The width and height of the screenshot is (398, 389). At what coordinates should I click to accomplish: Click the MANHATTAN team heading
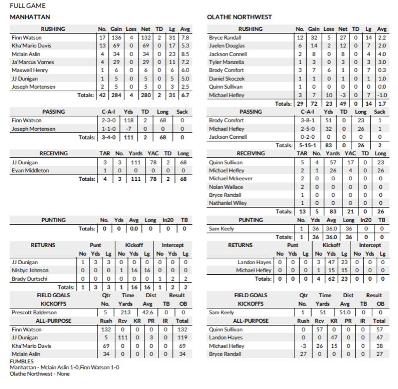30,17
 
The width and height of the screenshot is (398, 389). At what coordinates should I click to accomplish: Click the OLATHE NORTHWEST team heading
239,17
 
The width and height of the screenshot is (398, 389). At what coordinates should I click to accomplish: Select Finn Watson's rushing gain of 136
116,38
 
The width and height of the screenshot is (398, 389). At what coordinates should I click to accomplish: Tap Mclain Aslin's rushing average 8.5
185,54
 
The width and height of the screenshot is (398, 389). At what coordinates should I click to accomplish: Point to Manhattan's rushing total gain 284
116,95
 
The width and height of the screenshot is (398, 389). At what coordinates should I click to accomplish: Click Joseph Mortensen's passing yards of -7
128,129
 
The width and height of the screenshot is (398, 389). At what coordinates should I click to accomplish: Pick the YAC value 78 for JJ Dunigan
153,162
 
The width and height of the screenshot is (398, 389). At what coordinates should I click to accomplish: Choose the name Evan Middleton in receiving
30,171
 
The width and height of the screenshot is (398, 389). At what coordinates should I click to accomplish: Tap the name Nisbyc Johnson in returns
30,270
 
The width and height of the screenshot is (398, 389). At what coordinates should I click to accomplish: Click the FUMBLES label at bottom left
22,361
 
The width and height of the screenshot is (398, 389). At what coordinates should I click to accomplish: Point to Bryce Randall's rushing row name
225,38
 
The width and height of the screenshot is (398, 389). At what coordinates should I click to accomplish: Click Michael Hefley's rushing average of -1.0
382,95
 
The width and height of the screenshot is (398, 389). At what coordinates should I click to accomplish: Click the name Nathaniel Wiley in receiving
228,203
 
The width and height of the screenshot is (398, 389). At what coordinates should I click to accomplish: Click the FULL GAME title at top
28,6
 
